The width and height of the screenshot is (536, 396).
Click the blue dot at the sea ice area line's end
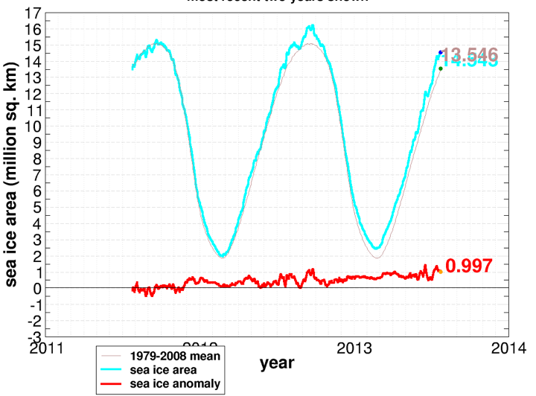click(441, 52)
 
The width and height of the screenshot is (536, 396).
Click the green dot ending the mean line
click(441, 68)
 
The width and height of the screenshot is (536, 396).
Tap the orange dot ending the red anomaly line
click(440, 272)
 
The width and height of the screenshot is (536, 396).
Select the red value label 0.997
click(469, 266)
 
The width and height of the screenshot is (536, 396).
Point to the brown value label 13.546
click(469, 54)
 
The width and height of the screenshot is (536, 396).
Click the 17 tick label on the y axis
click(32, 14)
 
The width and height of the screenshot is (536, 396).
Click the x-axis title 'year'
click(276, 364)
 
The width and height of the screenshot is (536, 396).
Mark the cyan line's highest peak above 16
click(311, 26)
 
